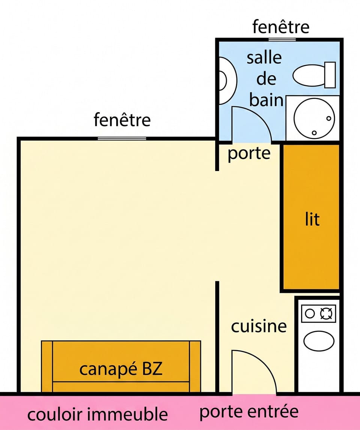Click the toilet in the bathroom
(x=314, y=75)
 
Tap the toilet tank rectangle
(x=330, y=75)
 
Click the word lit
(x=312, y=219)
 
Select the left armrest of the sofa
(x=47, y=366)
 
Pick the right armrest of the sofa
(x=195, y=366)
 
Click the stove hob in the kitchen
(x=319, y=313)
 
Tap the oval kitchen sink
(x=319, y=341)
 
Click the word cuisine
(x=259, y=326)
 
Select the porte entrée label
(x=249, y=412)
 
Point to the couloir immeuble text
(x=97, y=414)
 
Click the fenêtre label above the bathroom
(x=281, y=27)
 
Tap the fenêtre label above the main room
(x=122, y=120)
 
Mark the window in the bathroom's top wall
(x=282, y=40)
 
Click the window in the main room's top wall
(x=122, y=138)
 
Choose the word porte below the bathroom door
(x=249, y=154)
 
